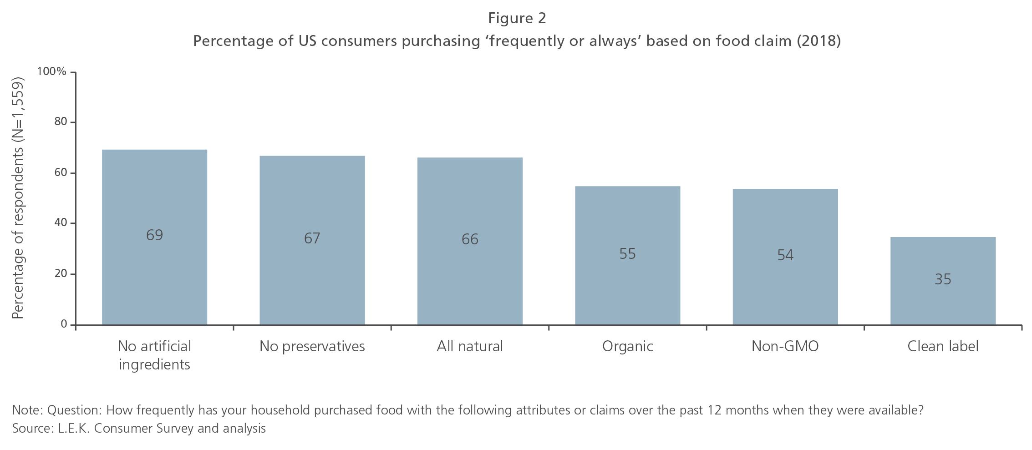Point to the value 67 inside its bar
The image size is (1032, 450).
(312, 238)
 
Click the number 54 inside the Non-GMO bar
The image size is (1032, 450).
(785, 255)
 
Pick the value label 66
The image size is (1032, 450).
(470, 239)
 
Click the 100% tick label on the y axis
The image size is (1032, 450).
(51, 72)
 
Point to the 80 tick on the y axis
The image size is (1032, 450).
(60, 122)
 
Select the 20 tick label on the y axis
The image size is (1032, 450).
(60, 274)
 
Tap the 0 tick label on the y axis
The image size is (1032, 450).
(64, 324)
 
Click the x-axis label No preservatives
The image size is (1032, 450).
(312, 347)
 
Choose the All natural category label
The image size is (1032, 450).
(470, 347)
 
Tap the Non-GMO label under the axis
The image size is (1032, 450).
(785, 347)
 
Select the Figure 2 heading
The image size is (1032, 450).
(517, 18)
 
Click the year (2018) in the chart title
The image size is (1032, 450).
(818, 41)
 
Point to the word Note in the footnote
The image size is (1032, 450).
(26, 410)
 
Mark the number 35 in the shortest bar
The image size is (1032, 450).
(943, 279)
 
